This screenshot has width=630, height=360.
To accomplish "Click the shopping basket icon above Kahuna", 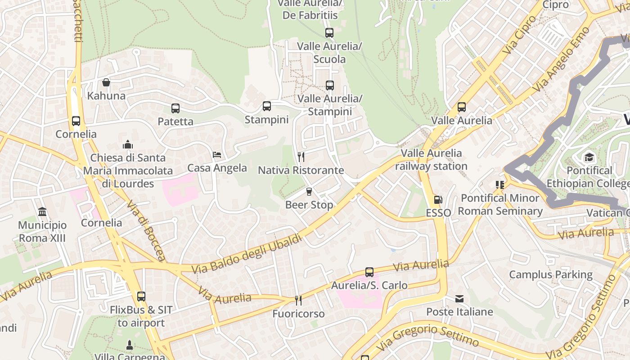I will [x=106, y=82].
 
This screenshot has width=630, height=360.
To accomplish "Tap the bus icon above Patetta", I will [x=175, y=108].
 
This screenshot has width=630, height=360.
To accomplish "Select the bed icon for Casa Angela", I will [x=217, y=155].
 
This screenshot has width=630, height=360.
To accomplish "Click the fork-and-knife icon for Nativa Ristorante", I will [x=301, y=157].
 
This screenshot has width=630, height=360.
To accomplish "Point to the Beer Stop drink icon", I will [x=309, y=191].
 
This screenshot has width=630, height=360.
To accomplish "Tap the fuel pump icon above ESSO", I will [x=438, y=199].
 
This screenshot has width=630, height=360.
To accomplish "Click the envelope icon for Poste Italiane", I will [x=459, y=298].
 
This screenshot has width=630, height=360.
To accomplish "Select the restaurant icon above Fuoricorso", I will [x=298, y=300].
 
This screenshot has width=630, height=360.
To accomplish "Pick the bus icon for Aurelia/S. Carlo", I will [x=369, y=272].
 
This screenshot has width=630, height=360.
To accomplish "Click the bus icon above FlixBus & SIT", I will [x=141, y=296].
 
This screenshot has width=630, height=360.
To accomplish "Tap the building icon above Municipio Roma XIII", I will [x=42, y=211].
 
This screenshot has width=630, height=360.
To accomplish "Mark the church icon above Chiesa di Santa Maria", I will [x=128, y=144].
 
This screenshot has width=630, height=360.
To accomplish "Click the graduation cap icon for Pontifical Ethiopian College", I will [x=589, y=157].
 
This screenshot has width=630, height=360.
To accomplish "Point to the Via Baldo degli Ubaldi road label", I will [x=247, y=255].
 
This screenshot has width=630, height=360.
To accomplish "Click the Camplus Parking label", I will [x=551, y=274].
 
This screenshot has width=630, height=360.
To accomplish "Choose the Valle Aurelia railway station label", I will [x=431, y=160].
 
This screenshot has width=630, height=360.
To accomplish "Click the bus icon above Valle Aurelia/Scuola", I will [x=329, y=32].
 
